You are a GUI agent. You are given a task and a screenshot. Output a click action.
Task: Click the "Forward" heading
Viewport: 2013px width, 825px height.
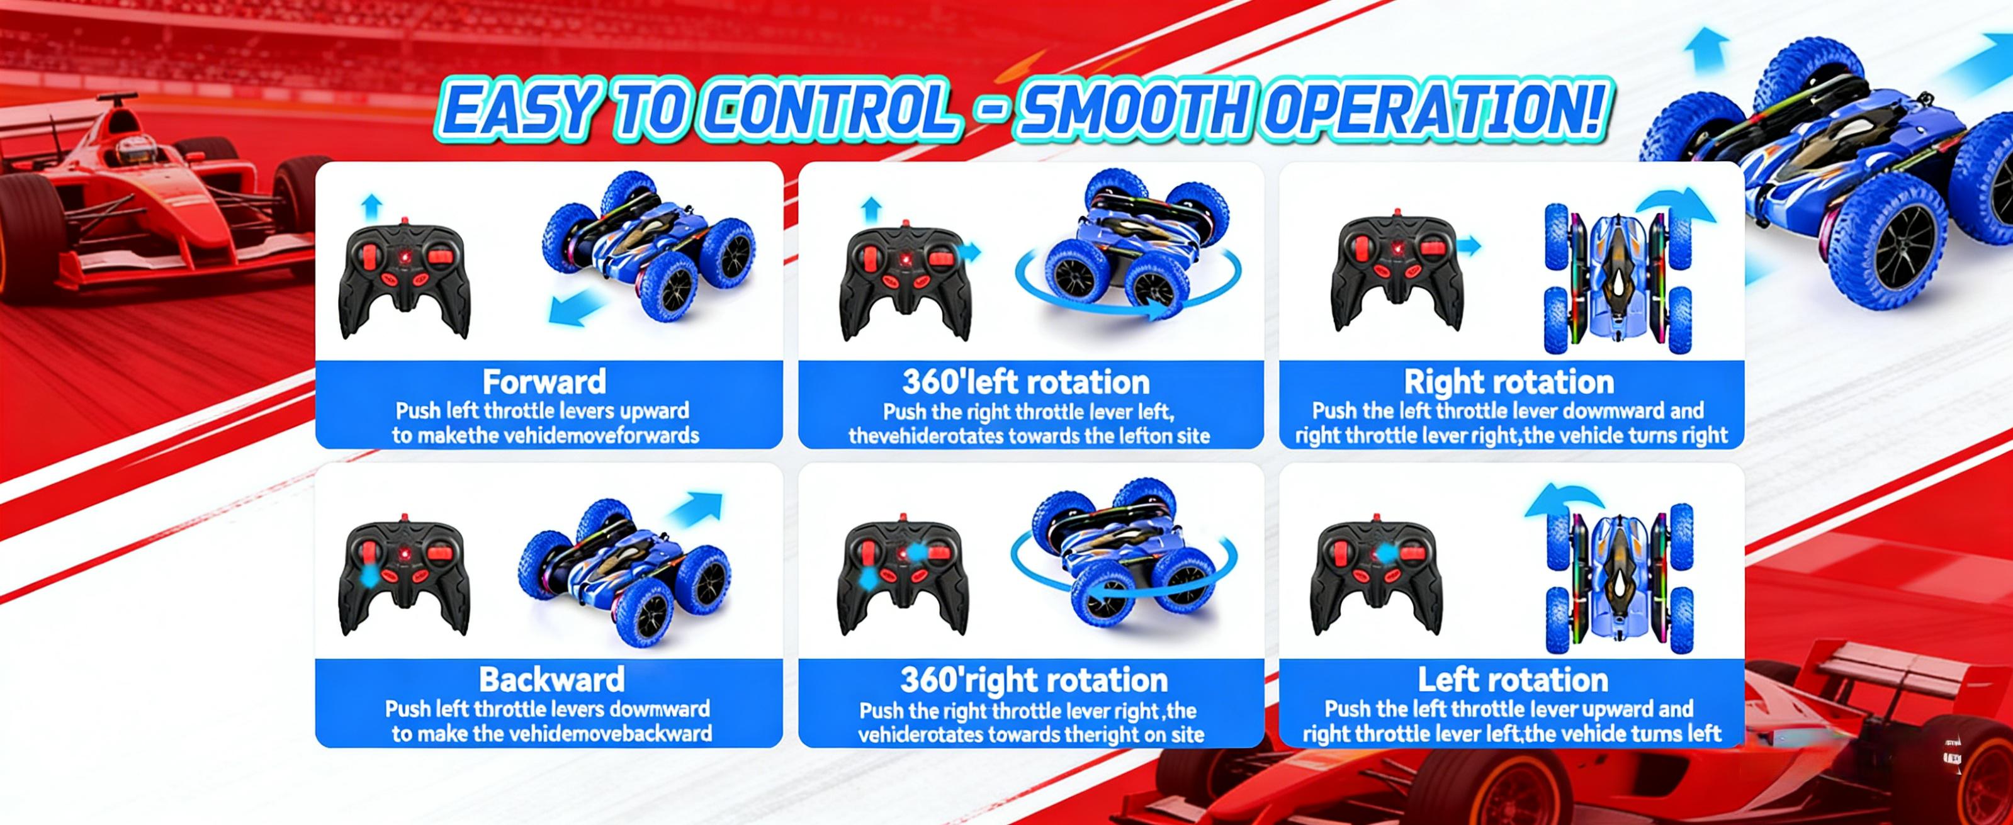point(544,382)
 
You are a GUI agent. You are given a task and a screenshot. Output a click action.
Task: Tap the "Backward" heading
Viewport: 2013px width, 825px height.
point(551,680)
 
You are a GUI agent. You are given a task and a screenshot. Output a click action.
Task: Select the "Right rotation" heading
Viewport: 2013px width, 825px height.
point(1508,382)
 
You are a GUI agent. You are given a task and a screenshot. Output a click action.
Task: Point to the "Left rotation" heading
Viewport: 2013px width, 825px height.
point(1512,680)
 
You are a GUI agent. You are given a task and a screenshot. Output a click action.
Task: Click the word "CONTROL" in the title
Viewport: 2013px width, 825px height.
point(828,111)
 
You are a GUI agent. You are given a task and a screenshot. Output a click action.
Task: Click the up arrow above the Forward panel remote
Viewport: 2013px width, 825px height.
point(372,206)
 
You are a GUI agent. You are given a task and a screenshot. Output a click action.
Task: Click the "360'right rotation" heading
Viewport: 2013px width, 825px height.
point(1033,680)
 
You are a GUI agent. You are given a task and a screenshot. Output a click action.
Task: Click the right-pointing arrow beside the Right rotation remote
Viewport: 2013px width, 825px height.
point(1469,247)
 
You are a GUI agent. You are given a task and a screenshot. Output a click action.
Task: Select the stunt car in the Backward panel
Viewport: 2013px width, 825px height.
point(625,570)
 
